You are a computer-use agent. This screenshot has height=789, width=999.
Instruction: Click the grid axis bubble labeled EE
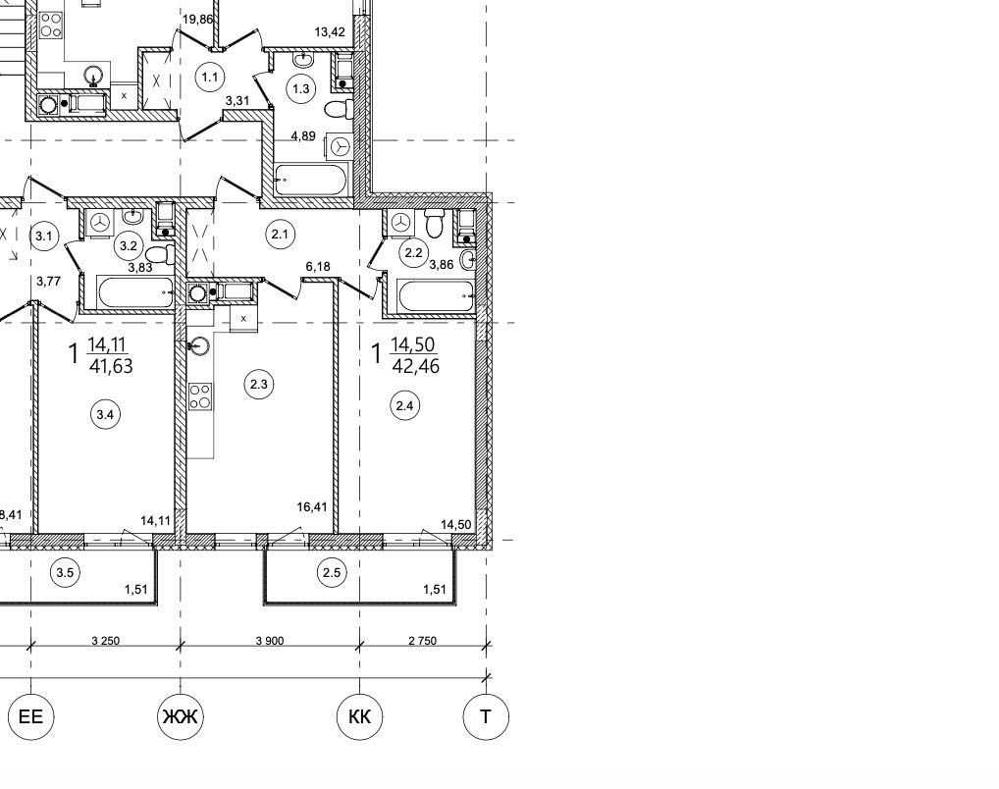pyautogui.click(x=30, y=717)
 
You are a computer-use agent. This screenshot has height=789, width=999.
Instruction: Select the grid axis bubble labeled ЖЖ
pyautogui.click(x=181, y=717)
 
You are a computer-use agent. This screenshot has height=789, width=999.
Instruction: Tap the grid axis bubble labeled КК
pyautogui.click(x=360, y=717)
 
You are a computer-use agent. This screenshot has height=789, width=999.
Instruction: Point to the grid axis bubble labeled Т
pyautogui.click(x=486, y=717)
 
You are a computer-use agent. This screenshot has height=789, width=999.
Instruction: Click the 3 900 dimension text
pyautogui.click(x=270, y=641)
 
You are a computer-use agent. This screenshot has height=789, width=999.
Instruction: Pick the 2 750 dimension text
pyautogui.click(x=422, y=641)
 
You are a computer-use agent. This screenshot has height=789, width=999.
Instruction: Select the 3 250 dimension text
pyautogui.click(x=106, y=641)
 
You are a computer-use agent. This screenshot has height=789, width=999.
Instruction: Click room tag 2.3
pyautogui.click(x=259, y=385)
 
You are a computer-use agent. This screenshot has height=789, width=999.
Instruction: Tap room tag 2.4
pyautogui.click(x=405, y=405)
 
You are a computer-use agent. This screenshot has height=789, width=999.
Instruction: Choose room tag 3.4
pyautogui.click(x=105, y=415)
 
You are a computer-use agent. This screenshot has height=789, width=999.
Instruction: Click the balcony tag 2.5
pyautogui.click(x=332, y=572)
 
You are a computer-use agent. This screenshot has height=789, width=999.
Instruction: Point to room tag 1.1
pyautogui.click(x=210, y=78)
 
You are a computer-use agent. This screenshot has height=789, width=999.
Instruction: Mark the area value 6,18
pyautogui.click(x=318, y=266)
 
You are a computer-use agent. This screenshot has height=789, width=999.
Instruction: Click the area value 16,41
pyautogui.click(x=312, y=506)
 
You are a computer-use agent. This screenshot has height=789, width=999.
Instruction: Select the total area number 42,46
pyautogui.click(x=415, y=366)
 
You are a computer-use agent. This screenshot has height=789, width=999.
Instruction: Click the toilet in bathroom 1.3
pyautogui.click(x=339, y=108)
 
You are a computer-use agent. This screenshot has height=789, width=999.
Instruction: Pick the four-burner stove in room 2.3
pyautogui.click(x=201, y=396)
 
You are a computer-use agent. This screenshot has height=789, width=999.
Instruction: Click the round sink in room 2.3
pyautogui.click(x=199, y=346)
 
